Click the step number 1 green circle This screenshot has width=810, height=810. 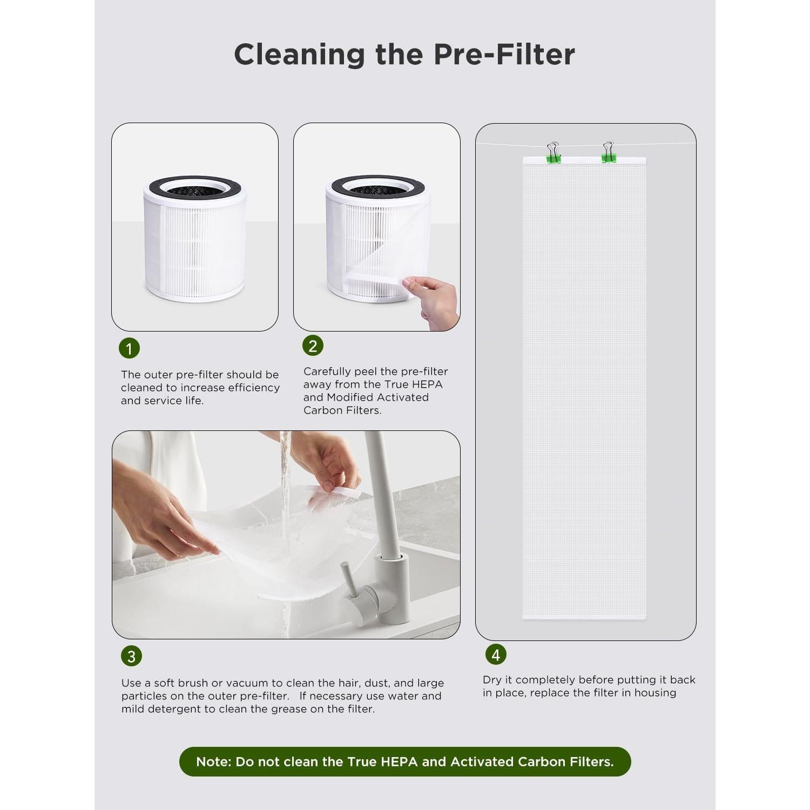tap(129, 348)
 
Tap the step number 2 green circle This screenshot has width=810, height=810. tap(313, 346)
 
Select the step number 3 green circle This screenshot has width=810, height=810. tap(131, 656)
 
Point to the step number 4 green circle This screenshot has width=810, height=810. tap(496, 654)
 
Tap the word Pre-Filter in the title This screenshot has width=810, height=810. tap(504, 55)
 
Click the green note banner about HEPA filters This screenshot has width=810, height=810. tap(405, 761)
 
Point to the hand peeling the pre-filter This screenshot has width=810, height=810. tap(435, 300)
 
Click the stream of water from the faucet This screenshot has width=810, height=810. tap(285, 475)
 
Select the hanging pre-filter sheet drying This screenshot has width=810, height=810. tap(584, 389)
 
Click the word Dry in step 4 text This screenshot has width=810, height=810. tap(492, 680)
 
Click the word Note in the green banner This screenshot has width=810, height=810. tap(213, 761)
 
